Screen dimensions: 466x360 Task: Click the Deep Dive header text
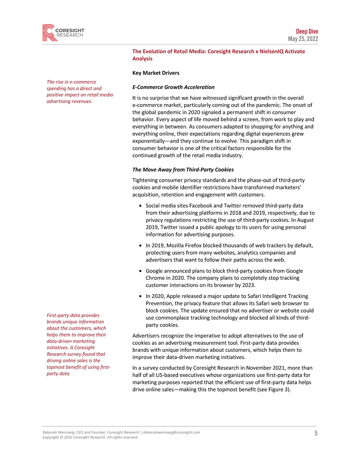tap(307, 32)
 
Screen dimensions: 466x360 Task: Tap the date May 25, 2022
tap(303, 39)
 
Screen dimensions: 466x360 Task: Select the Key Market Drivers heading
tap(156, 73)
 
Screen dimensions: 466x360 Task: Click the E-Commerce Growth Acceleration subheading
tap(173, 87)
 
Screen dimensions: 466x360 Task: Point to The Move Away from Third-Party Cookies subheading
tap(183, 170)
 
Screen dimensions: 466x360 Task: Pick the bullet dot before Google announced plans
tap(138, 271)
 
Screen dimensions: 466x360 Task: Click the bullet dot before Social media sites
tap(138, 205)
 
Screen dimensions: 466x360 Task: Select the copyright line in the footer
tap(90, 437)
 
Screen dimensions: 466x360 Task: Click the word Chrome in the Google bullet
tap(155, 278)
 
